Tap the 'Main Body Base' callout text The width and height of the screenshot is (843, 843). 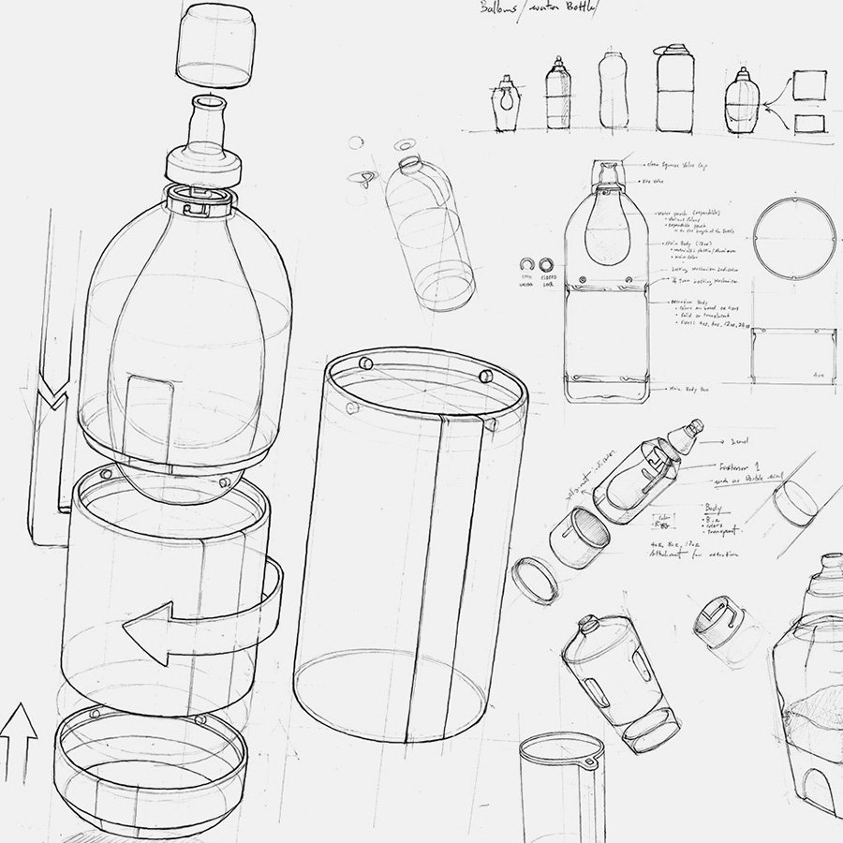coord(689,387)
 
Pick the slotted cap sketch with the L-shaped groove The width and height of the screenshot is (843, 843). coord(719,623)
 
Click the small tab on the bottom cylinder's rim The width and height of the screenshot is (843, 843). coord(589,763)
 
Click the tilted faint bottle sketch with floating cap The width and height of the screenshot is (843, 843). coord(429,234)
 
